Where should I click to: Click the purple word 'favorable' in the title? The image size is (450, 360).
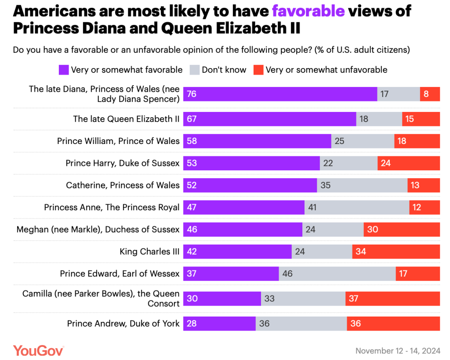tap(308, 11)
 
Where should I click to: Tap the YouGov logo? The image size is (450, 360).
tap(39, 350)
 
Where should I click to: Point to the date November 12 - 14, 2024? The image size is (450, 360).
tap(398, 351)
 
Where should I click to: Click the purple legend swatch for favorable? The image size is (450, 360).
tap(63, 70)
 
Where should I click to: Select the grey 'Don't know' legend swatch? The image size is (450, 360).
tap(194, 70)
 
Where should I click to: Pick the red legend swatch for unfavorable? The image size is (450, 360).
tap(258, 70)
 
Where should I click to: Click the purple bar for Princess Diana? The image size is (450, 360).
tap(280, 94)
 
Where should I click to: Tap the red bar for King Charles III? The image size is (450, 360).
tap(396, 252)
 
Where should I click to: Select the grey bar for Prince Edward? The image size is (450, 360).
tap(337, 274)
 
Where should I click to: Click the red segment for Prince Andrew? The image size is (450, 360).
tap(393, 324)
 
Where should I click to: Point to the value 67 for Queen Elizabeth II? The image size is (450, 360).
tap(191, 119)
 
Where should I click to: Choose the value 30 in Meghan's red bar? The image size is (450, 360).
tap(372, 229)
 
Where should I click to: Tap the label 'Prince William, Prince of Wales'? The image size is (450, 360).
tap(118, 141)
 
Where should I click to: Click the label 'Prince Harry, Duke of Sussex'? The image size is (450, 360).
tap(123, 163)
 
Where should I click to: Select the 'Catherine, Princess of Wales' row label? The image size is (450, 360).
tap(123, 185)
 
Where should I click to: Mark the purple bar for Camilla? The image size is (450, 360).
tap(222, 299)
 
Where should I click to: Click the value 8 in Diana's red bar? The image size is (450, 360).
tap(426, 94)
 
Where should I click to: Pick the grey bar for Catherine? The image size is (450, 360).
tap(362, 185)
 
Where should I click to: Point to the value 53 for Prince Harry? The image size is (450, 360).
tap(191, 163)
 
